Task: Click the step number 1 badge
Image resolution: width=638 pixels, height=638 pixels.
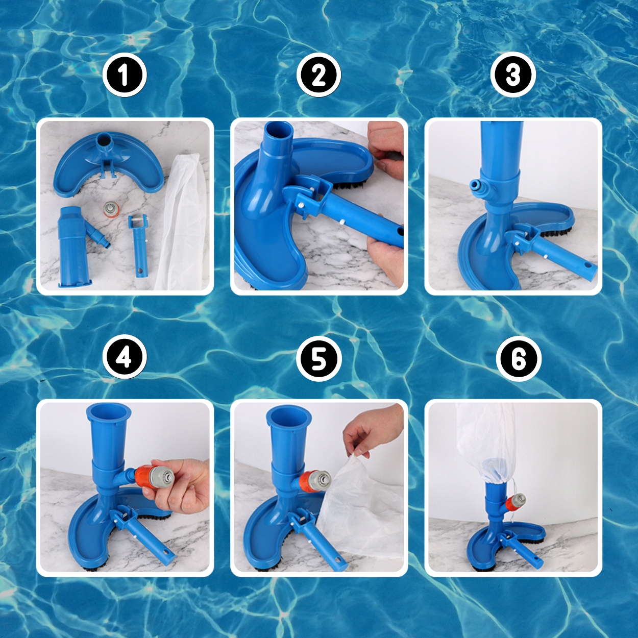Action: pos(124,76)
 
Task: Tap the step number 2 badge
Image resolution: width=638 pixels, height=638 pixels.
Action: pos(319,76)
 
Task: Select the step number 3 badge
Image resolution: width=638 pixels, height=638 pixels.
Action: pos(513,76)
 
